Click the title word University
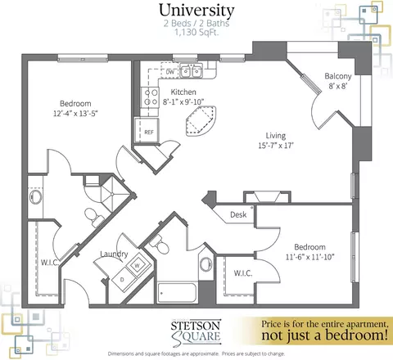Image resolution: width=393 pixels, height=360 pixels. point(196,11)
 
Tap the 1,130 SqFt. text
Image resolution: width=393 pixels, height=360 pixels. point(196,33)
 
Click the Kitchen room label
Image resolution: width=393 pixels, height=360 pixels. point(183,92)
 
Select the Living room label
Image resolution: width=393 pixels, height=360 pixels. point(276,136)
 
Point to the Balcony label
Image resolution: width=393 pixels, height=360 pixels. point(338,76)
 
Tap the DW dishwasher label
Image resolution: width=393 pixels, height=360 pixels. point(169,72)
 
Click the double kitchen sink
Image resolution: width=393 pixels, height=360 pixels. point(191,71)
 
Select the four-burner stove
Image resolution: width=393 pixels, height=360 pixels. point(150,97)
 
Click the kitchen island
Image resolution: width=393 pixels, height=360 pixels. point(201,121)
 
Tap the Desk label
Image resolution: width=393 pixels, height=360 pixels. point(238,214)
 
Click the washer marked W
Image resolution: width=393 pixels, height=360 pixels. point(138,264)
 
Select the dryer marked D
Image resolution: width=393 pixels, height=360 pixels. point(123,279)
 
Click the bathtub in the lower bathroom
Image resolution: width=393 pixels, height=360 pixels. point(178,293)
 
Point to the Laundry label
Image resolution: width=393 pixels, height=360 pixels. point(114,254)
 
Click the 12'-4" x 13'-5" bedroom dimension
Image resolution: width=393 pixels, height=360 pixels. point(75,113)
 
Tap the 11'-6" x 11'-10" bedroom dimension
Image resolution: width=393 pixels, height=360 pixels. point(309,257)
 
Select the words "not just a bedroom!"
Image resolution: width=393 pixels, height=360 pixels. point(324,335)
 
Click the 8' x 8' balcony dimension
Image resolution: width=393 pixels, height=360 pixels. point(338,86)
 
